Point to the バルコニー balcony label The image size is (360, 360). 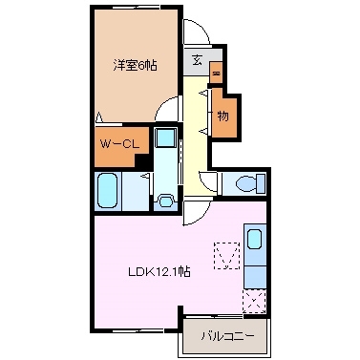[x=225, y=335]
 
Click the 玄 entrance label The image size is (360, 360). [x=196, y=60]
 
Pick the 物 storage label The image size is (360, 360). [x=222, y=116]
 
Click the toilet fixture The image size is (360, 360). [x=246, y=184]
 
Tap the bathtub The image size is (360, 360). [x=107, y=190]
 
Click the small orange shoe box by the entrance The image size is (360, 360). [x=216, y=73]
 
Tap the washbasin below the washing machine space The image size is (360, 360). [x=165, y=200]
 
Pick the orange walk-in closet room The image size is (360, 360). [x=120, y=145]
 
